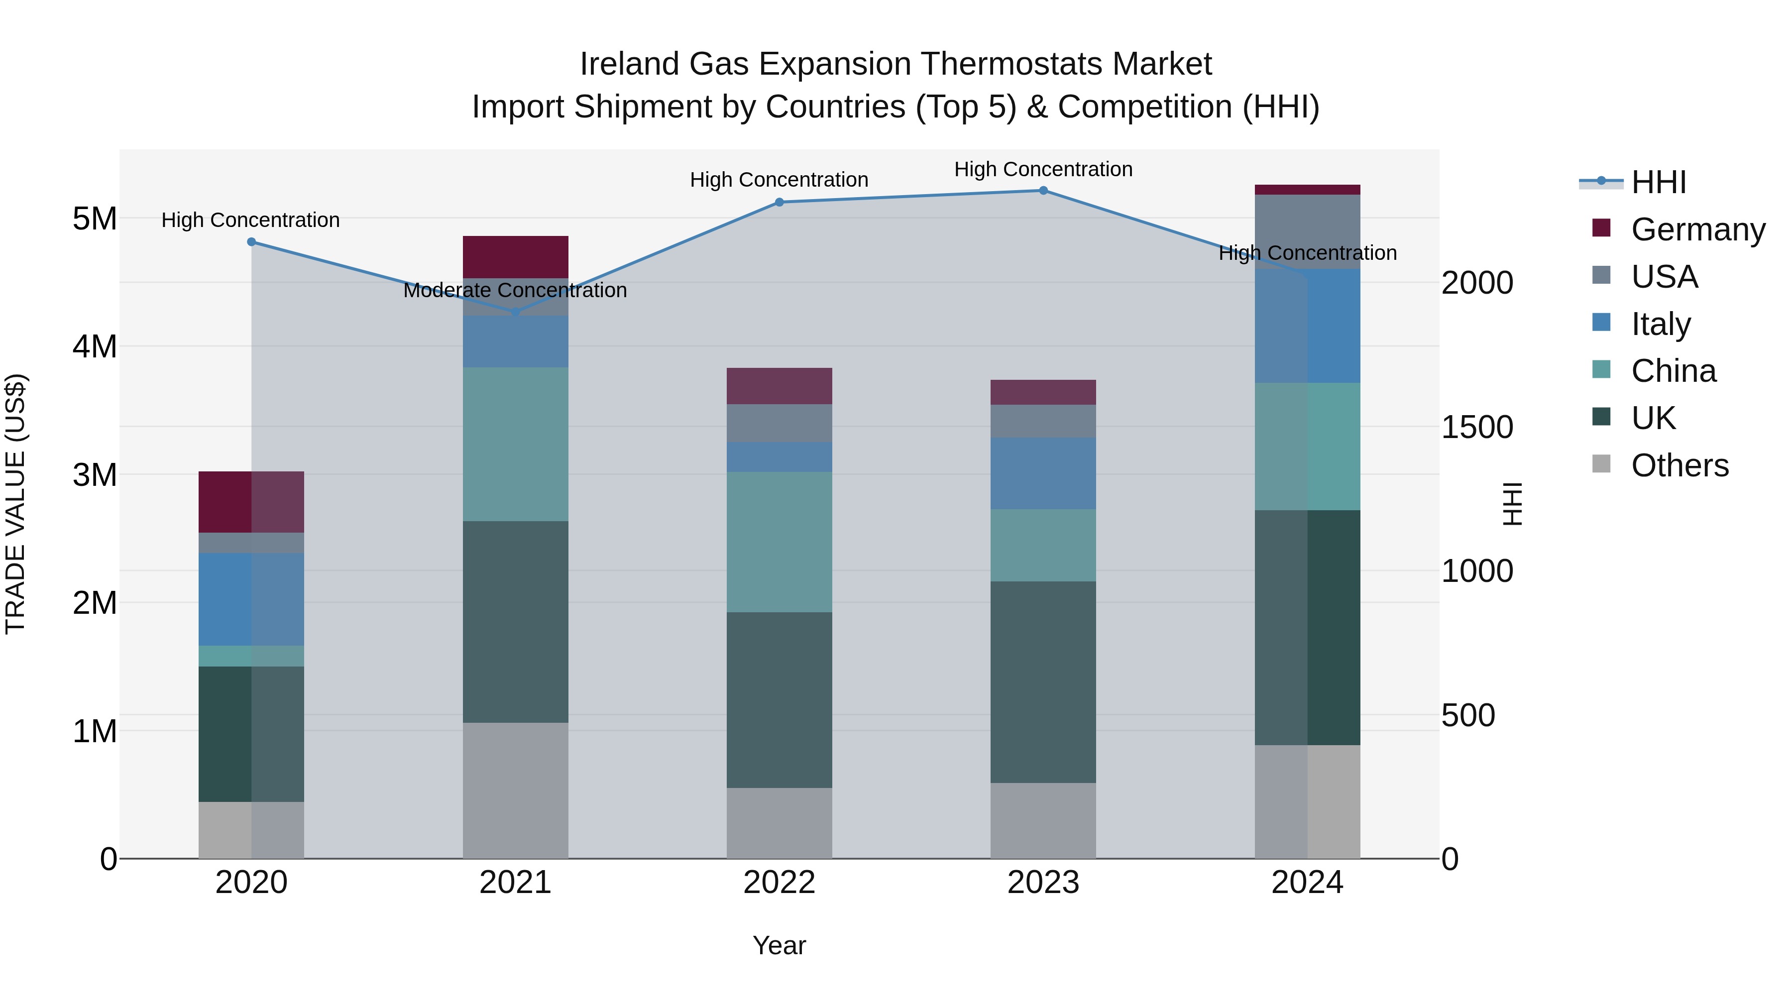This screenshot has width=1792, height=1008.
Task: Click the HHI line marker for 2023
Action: point(1043,191)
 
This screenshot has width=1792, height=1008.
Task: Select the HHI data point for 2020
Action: point(252,242)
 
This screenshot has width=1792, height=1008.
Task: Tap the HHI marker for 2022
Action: point(779,203)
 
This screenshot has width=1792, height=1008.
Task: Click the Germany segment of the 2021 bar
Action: point(516,257)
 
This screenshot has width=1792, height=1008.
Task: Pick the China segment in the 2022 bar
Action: point(779,542)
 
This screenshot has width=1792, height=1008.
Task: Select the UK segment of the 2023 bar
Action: point(1043,682)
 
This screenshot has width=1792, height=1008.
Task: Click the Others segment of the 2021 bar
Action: point(516,790)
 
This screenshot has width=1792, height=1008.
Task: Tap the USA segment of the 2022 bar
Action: point(779,423)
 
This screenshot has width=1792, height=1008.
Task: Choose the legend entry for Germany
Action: point(1697,229)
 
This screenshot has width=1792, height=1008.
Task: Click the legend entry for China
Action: point(1673,371)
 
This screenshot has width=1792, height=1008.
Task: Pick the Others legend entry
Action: point(1680,465)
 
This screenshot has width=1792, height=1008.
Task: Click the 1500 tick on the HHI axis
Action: point(1476,427)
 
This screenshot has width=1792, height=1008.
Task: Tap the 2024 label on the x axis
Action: point(1307,883)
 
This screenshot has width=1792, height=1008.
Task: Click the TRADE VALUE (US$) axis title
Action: point(15,504)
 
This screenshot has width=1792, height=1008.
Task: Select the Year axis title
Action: point(779,945)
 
